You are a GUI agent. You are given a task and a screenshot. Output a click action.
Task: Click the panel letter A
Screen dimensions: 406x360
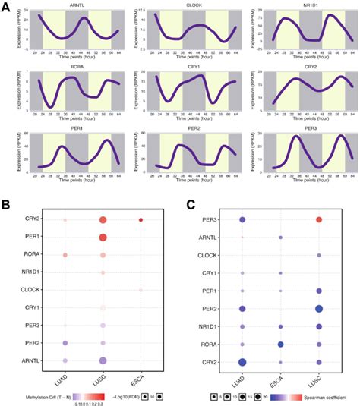(5, 5)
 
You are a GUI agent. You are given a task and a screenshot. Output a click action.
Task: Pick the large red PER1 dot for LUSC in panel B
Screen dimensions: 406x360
(103, 238)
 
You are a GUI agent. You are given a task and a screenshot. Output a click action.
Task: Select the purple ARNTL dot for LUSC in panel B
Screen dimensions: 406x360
(103, 360)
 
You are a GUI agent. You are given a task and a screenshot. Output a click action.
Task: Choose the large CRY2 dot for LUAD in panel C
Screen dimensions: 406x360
(243, 361)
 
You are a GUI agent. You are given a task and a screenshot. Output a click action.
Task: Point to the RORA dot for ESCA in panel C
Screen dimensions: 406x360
(281, 344)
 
